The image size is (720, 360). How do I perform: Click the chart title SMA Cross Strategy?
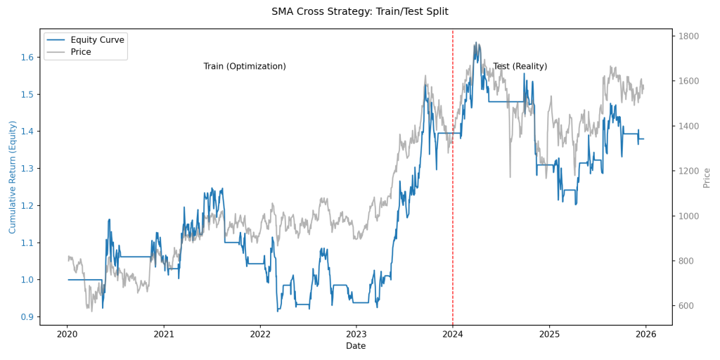(x=359, y=11)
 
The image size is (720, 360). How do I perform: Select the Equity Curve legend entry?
(x=97, y=40)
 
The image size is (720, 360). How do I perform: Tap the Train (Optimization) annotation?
(x=245, y=66)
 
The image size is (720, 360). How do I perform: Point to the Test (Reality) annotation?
(x=520, y=66)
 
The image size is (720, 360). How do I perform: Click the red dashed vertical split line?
(x=453, y=211)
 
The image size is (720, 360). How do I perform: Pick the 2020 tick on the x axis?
(x=67, y=335)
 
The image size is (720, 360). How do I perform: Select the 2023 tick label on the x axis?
(x=356, y=335)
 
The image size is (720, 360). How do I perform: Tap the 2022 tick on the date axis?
(x=260, y=335)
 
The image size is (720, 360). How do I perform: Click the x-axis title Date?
(x=356, y=346)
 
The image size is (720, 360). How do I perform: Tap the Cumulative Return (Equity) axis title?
(x=12, y=177)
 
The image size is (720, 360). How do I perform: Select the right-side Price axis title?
(x=707, y=177)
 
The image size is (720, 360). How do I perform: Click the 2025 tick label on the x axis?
(x=549, y=335)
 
